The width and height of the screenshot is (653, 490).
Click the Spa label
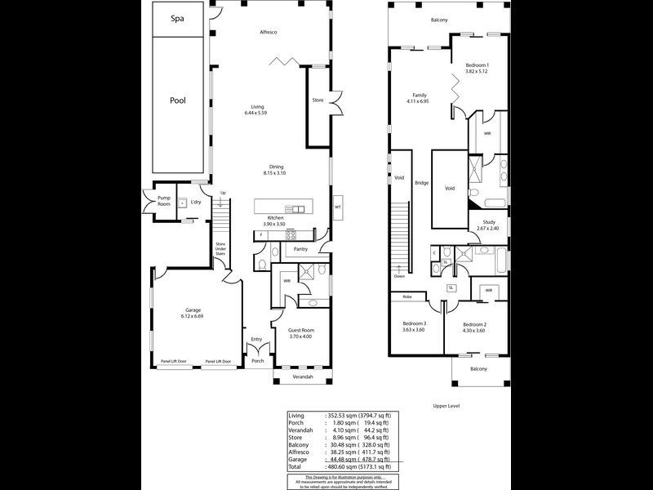[177, 19]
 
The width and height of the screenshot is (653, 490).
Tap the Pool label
[177, 100]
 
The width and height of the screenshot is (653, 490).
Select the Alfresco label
[270, 32]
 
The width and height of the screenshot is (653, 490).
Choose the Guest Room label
[300, 330]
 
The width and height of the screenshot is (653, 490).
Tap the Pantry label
[300, 249]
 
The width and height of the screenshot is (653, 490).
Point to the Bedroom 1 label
[478, 65]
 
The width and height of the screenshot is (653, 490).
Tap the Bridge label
[421, 183]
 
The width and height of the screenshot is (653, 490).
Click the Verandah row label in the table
[302, 430]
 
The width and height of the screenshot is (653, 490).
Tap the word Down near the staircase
[398, 276]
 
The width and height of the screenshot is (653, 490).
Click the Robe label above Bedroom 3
[406, 296]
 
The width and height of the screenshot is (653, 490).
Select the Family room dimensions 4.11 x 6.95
[418, 101]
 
